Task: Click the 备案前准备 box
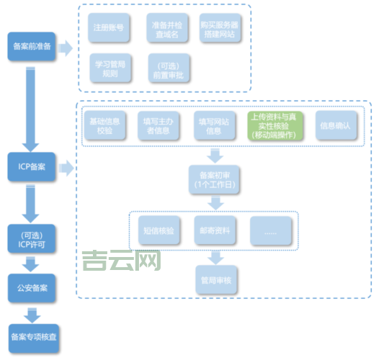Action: tap(32, 47)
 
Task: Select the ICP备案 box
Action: tap(32, 167)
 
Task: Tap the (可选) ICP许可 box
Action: tap(32, 237)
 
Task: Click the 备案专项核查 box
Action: tap(32, 336)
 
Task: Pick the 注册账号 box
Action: tap(108, 29)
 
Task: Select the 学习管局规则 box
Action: tap(109, 68)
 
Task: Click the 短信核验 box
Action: tap(158, 230)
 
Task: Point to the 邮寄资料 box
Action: tap(214, 230)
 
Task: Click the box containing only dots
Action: tap(271, 230)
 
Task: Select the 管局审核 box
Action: tap(214, 279)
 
